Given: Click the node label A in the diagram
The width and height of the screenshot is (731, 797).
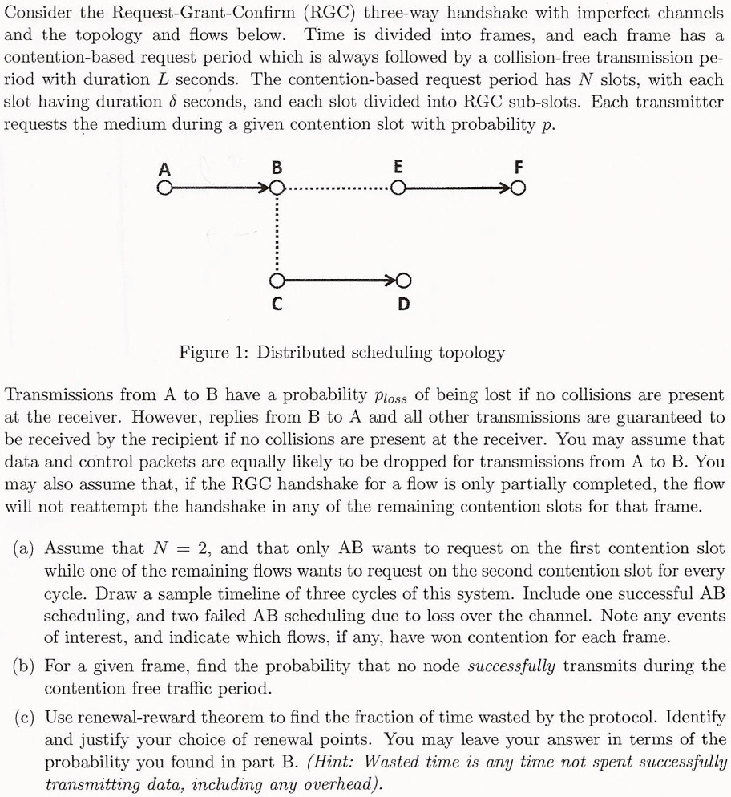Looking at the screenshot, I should (x=164, y=169).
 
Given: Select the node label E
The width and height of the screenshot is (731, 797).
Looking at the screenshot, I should (x=398, y=169).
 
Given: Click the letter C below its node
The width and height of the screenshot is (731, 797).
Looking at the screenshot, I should (x=277, y=305).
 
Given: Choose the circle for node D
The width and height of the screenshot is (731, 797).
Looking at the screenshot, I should (x=403, y=281).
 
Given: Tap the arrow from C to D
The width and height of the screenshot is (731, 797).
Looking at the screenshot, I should (x=338, y=281).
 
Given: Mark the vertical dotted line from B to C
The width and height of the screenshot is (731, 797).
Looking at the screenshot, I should (x=277, y=234).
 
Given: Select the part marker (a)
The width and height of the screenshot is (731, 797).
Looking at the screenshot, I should (x=26, y=549).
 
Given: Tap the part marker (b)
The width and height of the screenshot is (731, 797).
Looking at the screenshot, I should (x=26, y=666).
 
